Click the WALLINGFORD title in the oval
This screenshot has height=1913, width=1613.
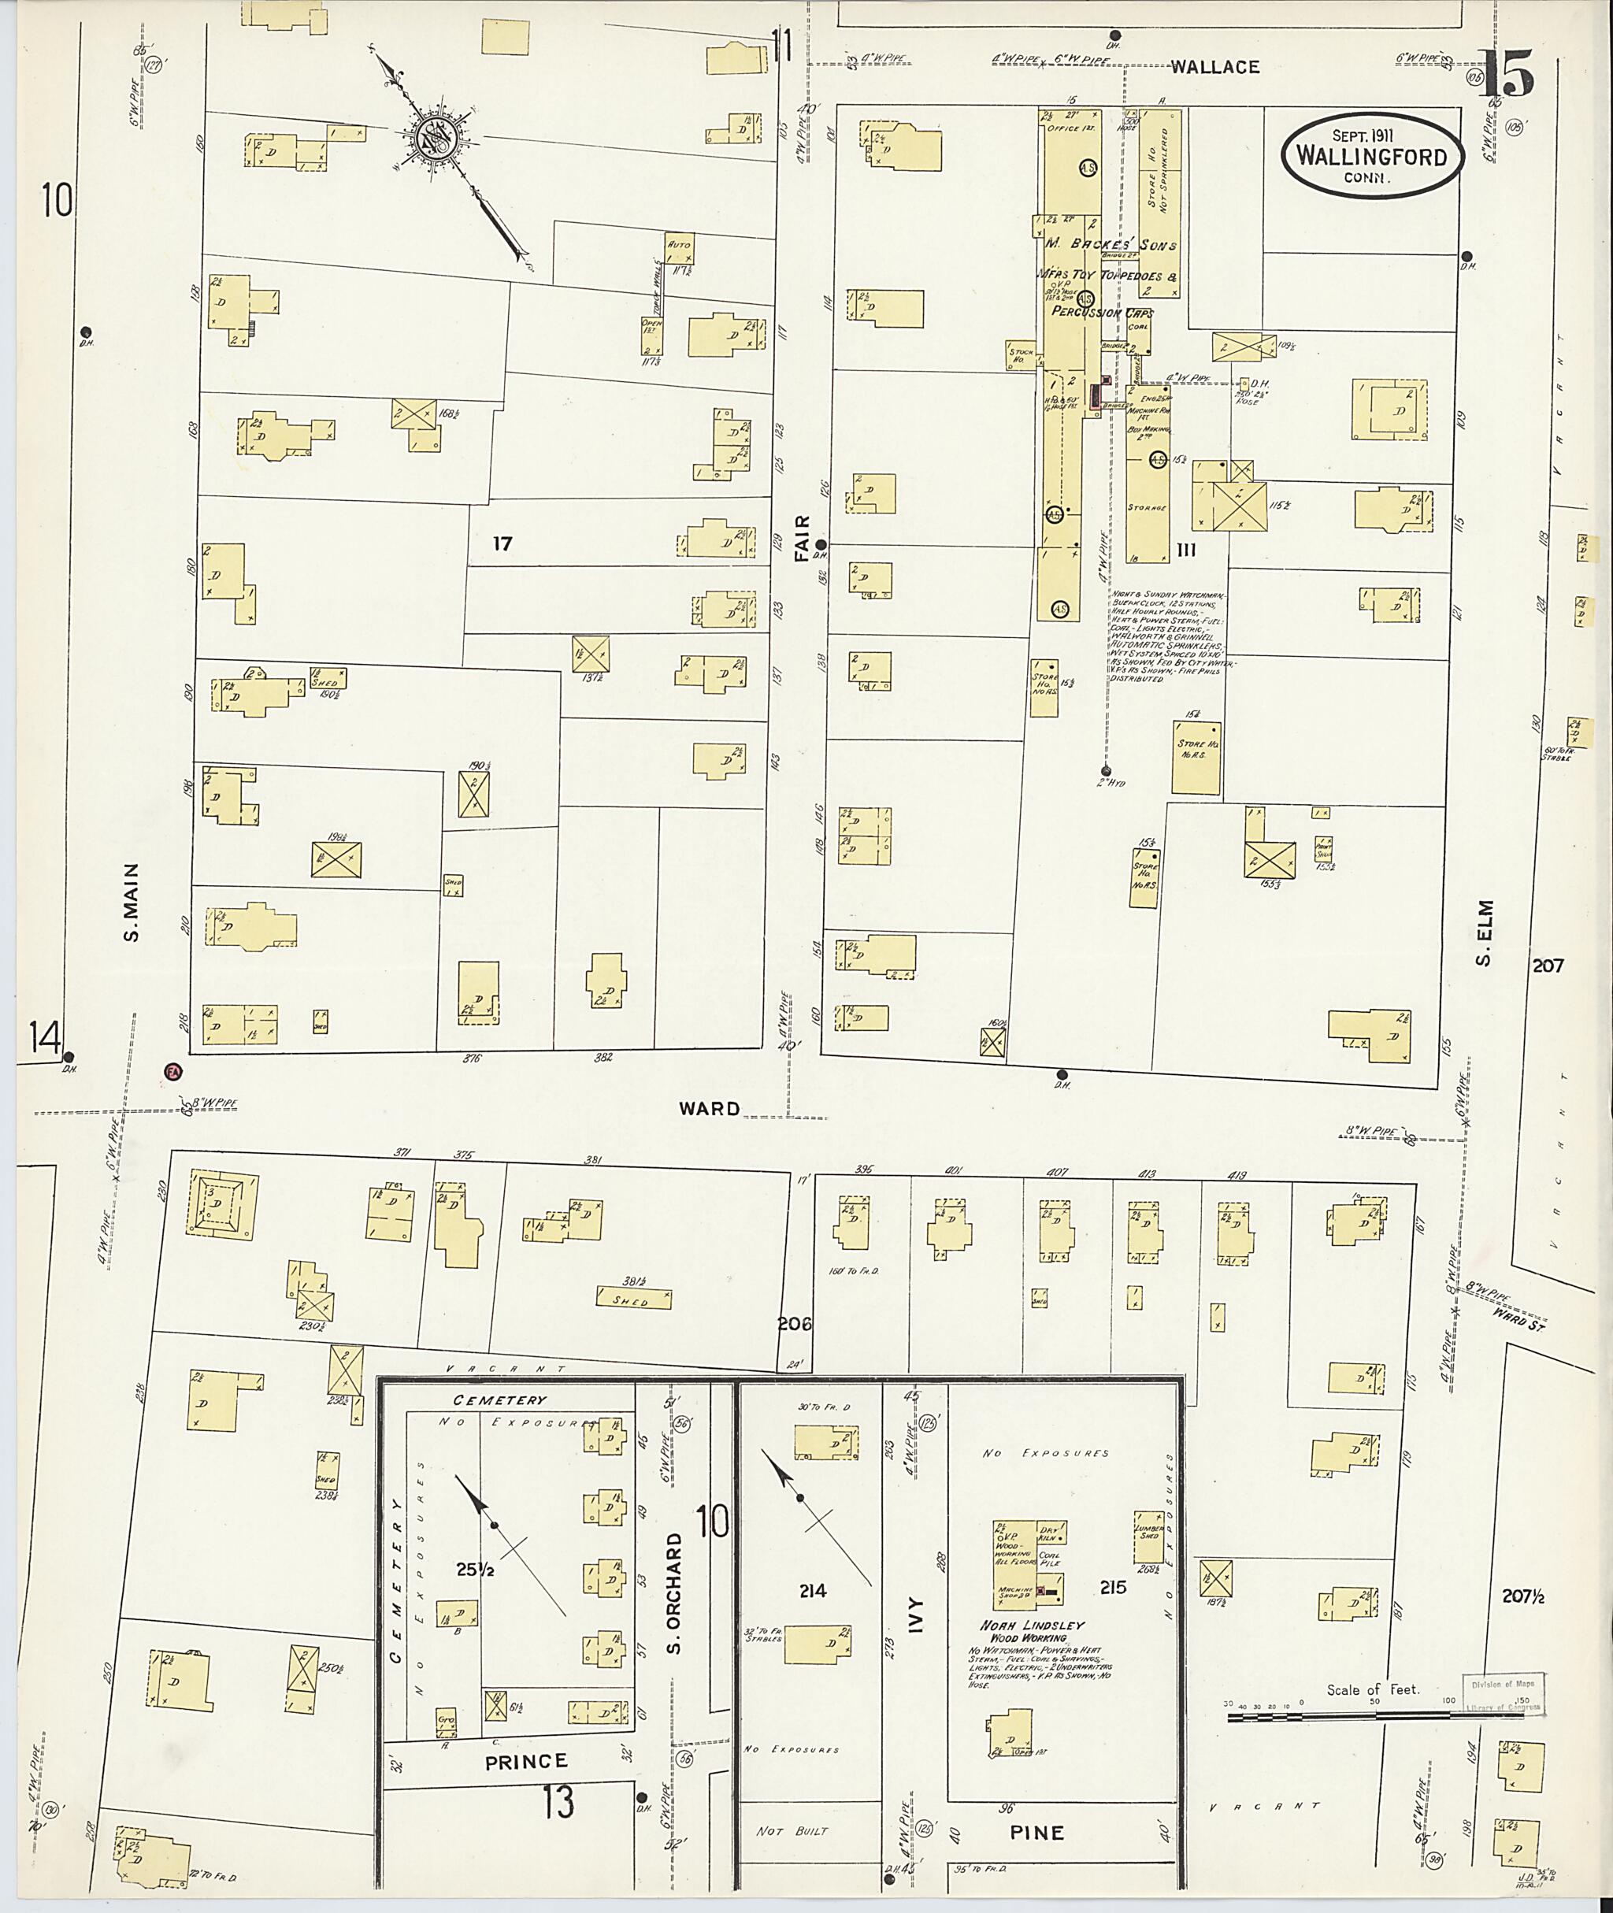click(x=1370, y=157)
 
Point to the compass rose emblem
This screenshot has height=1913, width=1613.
click(x=433, y=139)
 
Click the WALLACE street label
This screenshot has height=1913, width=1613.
click(x=1215, y=67)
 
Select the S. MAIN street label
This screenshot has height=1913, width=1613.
click(x=132, y=902)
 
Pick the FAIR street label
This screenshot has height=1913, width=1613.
click(x=802, y=537)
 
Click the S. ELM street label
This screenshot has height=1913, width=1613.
click(x=1483, y=932)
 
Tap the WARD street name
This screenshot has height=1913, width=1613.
click(x=710, y=1108)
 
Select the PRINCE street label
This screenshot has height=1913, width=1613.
click(x=526, y=1760)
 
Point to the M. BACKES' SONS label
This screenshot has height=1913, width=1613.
click(x=1109, y=245)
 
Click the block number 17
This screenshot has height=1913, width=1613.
click(x=502, y=543)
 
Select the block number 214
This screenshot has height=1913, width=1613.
click(x=812, y=1591)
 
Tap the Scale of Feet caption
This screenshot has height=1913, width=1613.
click(x=1373, y=1690)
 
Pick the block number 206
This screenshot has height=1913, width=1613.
click(x=794, y=1323)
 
